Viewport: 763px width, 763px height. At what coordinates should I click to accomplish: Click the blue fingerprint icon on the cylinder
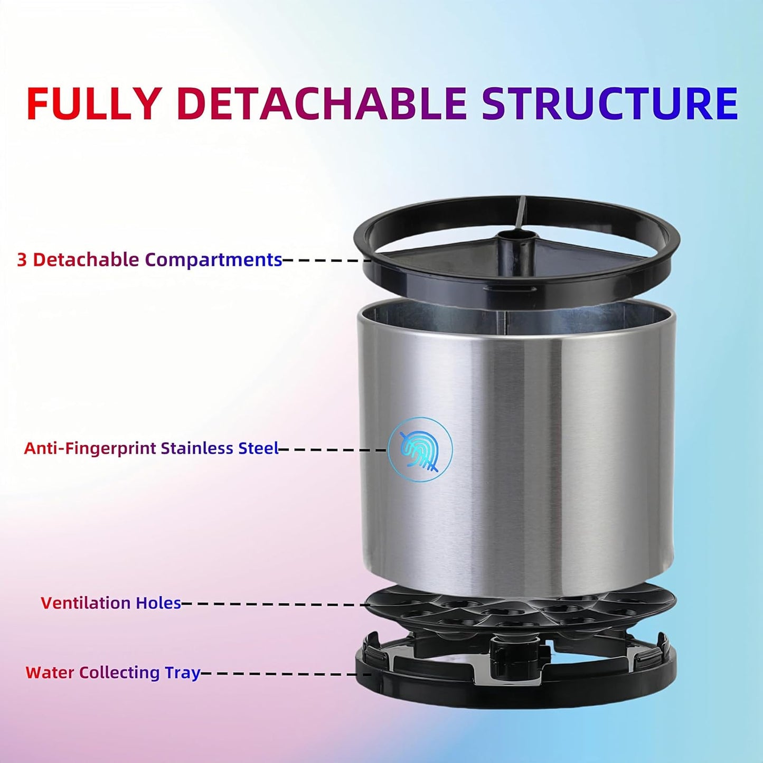(x=420, y=449)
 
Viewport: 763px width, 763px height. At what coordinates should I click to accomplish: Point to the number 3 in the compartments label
(x=22, y=260)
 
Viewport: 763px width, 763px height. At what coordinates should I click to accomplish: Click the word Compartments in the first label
(x=213, y=260)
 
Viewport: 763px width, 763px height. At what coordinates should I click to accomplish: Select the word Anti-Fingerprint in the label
(x=90, y=448)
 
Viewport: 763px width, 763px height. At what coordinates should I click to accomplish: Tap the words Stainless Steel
(x=219, y=448)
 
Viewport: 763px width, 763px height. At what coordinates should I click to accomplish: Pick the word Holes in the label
(x=158, y=603)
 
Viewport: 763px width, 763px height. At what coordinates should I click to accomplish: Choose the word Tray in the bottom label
(x=183, y=673)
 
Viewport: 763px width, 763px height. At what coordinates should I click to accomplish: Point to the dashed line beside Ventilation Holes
(x=275, y=604)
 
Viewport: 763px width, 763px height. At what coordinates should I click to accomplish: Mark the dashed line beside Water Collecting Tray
(x=285, y=674)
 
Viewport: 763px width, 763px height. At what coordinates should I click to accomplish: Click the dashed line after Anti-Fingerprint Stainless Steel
(x=333, y=449)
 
